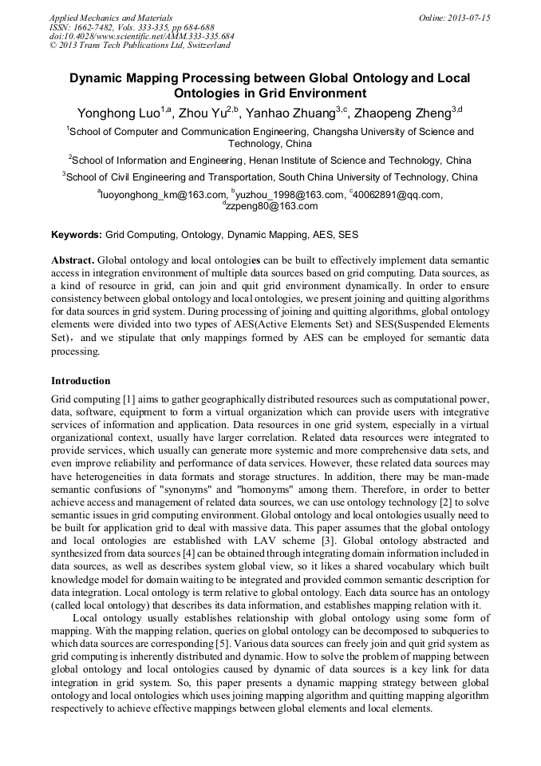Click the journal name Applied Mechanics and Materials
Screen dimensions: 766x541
[111, 17]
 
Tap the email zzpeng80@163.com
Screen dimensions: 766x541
[271, 205]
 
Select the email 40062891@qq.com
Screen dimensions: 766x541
[397, 194]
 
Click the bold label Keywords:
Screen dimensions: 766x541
[77, 236]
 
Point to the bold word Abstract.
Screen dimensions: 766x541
[73, 260]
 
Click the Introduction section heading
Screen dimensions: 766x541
[81, 381]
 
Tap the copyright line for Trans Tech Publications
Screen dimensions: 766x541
[140, 46]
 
